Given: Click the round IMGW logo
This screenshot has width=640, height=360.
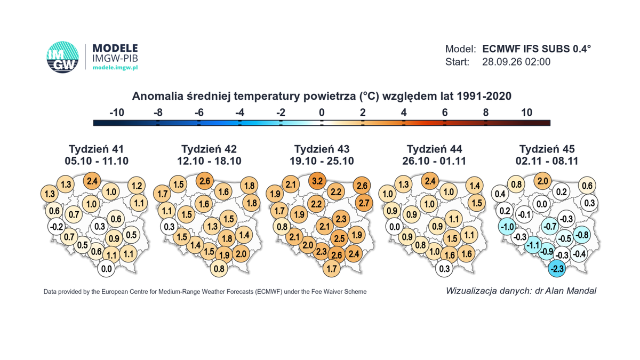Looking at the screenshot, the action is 62,57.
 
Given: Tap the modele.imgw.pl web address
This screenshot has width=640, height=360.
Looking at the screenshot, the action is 115,68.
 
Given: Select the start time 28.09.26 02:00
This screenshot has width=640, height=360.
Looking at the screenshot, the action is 516,62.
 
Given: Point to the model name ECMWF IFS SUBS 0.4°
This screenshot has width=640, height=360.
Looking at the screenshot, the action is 537,49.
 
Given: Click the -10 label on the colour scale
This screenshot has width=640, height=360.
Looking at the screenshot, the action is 117,113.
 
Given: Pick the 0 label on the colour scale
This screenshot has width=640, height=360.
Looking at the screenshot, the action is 322,113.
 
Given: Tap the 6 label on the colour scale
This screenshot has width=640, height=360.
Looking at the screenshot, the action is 445,113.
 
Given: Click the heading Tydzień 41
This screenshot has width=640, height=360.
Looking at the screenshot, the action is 97,149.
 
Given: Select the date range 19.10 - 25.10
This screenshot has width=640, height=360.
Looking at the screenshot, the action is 322,161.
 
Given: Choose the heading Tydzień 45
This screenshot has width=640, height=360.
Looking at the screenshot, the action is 547,149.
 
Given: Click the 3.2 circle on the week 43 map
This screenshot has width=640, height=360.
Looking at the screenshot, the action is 317,181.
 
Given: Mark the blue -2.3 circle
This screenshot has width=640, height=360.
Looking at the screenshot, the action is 557,269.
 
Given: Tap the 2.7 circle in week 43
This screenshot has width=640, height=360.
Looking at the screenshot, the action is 364,203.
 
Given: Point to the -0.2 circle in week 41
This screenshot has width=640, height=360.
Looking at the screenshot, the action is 57,227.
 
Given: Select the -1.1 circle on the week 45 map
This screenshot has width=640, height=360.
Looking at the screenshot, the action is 533,245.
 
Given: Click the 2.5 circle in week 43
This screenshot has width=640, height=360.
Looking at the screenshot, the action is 339,238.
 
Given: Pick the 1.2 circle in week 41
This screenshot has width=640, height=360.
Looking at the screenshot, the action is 137,186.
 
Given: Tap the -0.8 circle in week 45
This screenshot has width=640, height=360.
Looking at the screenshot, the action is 582,235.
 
